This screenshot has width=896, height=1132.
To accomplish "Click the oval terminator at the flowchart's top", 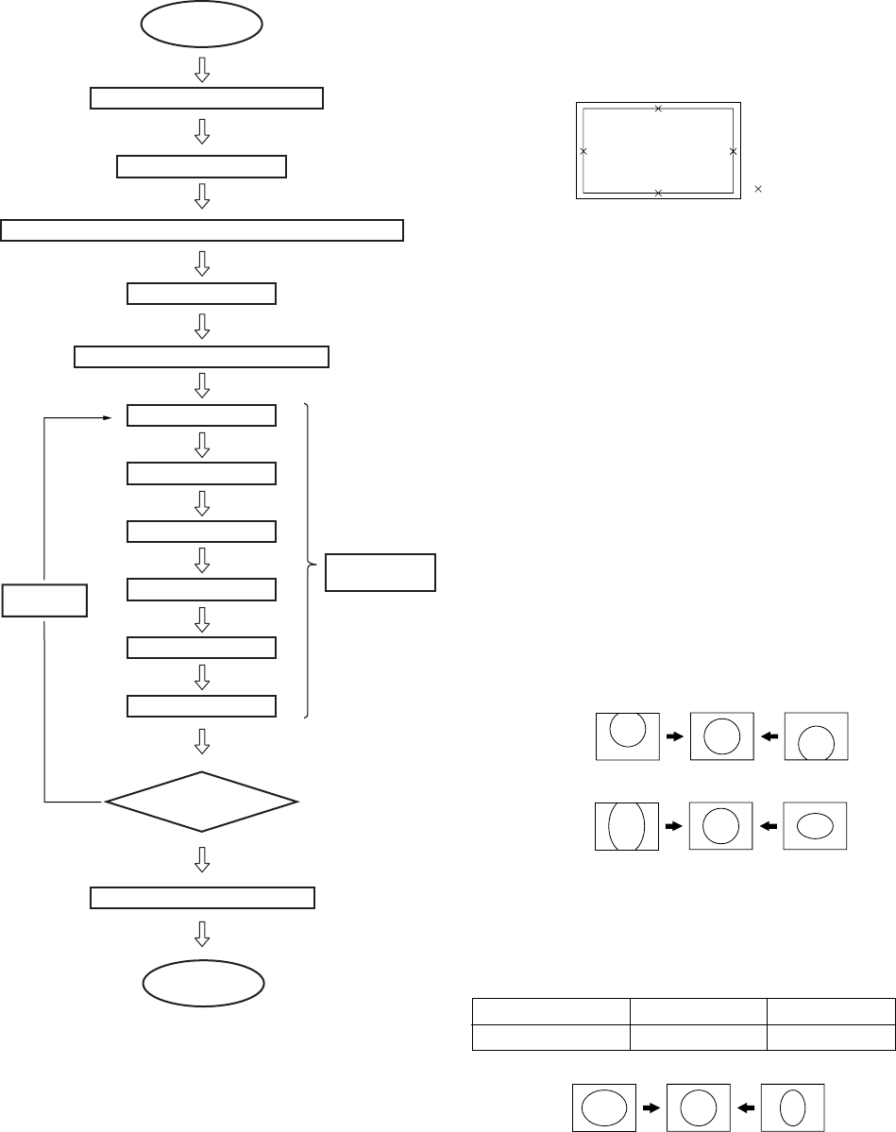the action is [201, 26].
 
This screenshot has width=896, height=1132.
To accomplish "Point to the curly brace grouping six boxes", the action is [310, 563].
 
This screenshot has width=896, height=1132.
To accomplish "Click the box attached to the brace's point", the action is [380, 572].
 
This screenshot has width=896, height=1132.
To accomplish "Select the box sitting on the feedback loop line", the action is [45, 600].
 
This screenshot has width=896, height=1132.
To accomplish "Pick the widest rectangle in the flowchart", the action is [202, 230].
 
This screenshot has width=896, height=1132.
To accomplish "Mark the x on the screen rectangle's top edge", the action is [658, 109].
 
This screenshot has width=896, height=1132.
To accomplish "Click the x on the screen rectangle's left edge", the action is [583, 151].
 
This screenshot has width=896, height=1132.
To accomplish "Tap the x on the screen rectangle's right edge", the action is [733, 151].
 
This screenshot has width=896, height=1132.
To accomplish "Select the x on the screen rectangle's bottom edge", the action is [658, 193].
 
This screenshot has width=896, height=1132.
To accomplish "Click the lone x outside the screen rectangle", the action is [758, 190].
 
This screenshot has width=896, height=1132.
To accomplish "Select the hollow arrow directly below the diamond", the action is [201, 859].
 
